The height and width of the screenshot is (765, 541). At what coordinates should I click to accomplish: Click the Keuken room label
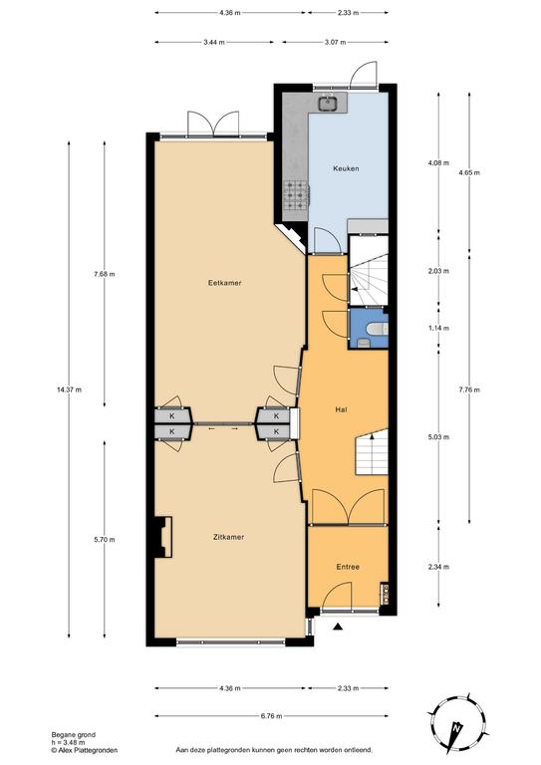pos(346,168)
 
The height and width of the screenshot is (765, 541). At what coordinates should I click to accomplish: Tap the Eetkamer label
pos(224,283)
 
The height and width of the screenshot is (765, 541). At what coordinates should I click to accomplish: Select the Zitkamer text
pos(228,537)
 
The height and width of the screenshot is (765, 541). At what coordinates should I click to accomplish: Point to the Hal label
pos(341,409)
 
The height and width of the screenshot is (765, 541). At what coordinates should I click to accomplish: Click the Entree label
pos(348,567)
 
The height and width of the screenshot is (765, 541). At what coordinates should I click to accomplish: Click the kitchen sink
pos(327,103)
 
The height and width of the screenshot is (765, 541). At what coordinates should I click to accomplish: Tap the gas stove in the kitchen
pos(297,195)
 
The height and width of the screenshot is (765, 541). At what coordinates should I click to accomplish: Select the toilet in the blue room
pos(378,330)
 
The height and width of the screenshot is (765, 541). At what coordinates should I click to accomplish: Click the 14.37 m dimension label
pos(70,389)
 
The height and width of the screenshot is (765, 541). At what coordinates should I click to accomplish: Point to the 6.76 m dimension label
pos(272,716)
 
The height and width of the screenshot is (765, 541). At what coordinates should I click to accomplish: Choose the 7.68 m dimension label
pos(105,274)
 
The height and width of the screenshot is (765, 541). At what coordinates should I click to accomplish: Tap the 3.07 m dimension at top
pos(335,42)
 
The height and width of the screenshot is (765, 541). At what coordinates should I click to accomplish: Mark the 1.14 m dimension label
pos(438,329)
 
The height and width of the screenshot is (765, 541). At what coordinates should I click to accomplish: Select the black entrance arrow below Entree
pos(337,627)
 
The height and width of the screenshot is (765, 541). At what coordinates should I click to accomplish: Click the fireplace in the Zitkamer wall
pos(164,537)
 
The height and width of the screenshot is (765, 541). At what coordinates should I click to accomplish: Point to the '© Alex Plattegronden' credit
pos(85,750)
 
